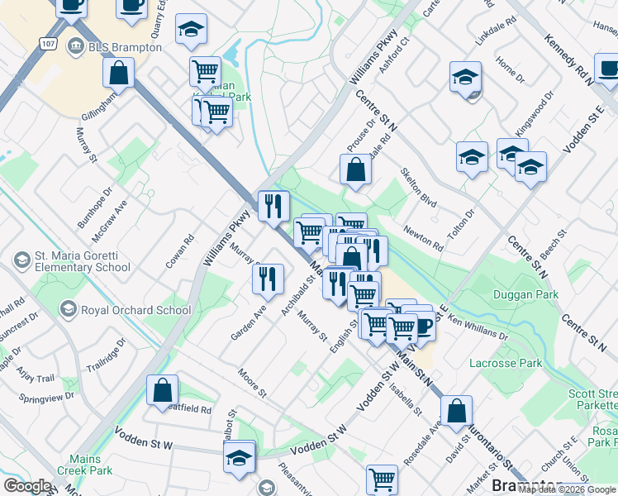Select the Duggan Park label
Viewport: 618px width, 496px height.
525,294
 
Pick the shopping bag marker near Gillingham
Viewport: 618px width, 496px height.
119,73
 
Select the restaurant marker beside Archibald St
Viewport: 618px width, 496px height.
269,279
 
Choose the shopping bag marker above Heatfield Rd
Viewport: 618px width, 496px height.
163,391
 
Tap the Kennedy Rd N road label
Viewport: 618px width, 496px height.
569,59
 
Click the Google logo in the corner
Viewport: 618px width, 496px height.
27,486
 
